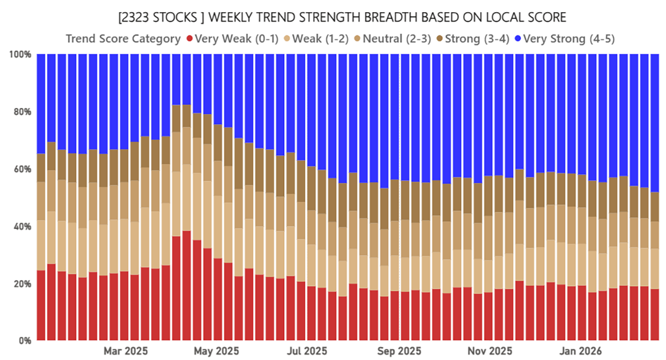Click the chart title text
pyautogui.click(x=342, y=18)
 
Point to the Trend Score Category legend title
pyautogui.click(x=123, y=39)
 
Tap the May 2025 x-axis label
pyautogui.click(x=216, y=351)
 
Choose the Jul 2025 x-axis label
pyautogui.click(x=308, y=351)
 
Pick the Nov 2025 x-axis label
pyautogui.click(x=489, y=351)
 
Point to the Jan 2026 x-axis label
pyautogui.click(x=581, y=351)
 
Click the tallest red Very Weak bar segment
pyautogui.click(x=186, y=286)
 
